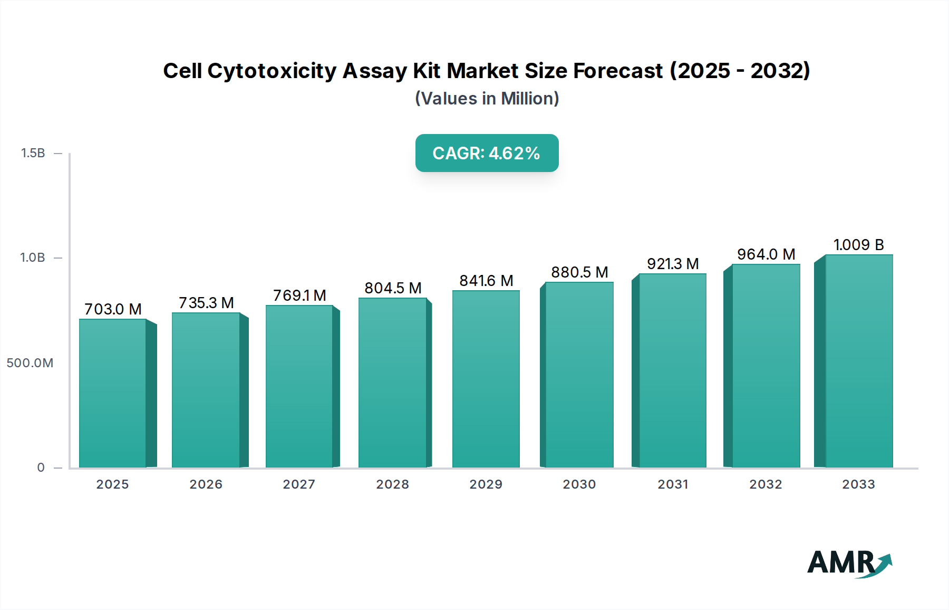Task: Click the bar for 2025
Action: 112,393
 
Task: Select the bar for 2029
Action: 486,379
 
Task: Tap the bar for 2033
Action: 859,361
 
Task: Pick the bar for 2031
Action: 672,370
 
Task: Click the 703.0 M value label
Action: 113,309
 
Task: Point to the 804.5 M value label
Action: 393,288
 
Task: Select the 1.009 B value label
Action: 858,245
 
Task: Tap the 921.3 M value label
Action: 673,264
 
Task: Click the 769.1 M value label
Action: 299,296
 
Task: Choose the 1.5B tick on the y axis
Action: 33,153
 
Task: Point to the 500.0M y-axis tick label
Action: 30,363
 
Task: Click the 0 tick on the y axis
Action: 41,468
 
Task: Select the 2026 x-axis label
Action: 206,484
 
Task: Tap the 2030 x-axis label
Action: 579,484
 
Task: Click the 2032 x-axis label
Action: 766,484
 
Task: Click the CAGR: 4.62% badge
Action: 487,153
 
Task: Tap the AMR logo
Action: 849,564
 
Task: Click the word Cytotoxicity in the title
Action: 272,71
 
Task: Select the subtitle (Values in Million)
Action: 487,99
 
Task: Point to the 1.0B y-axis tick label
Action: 33,258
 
